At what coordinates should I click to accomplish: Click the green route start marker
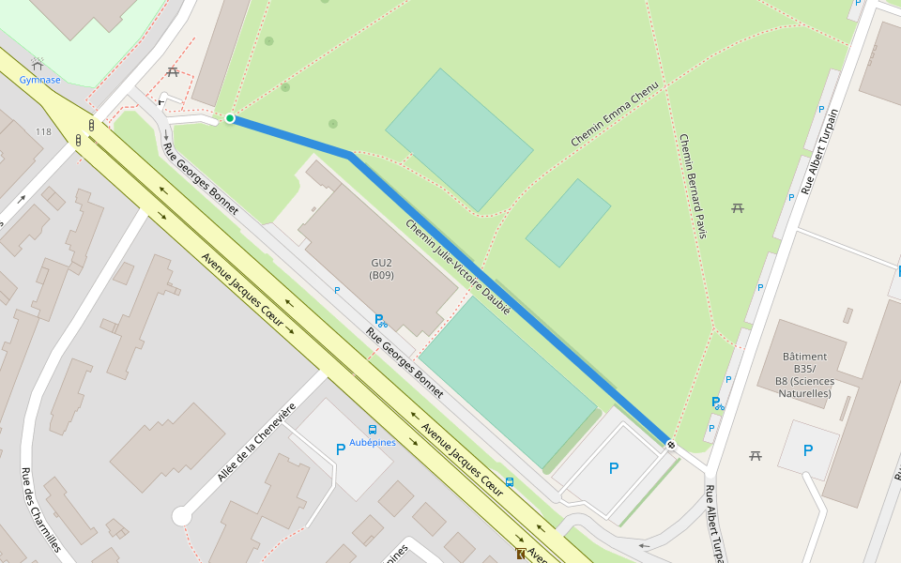coord(230,118)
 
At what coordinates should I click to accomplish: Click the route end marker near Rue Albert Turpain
coord(671,444)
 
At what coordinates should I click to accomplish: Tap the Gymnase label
coord(39,80)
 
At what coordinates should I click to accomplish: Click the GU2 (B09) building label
coord(381,269)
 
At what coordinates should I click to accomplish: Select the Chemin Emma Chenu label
coord(615,114)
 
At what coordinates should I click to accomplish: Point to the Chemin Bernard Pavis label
coord(692,186)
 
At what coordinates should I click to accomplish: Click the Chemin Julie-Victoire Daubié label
coord(458,266)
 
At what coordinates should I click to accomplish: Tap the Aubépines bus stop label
coord(373,442)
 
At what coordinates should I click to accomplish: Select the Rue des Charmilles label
coord(42,510)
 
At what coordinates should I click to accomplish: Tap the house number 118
coord(43,132)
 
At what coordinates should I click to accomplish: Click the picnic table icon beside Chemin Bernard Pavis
coord(738,207)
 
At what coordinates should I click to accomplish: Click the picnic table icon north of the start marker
coord(172,72)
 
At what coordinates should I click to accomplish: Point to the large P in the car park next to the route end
coord(614,467)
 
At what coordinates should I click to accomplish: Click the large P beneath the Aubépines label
coord(341,449)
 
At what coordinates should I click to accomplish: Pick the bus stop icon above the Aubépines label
coord(373,430)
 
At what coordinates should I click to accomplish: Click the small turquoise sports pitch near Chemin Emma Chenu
coord(568,223)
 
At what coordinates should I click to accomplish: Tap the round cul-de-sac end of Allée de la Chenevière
coord(182,516)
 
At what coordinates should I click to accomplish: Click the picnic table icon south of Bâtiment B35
coord(756,456)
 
